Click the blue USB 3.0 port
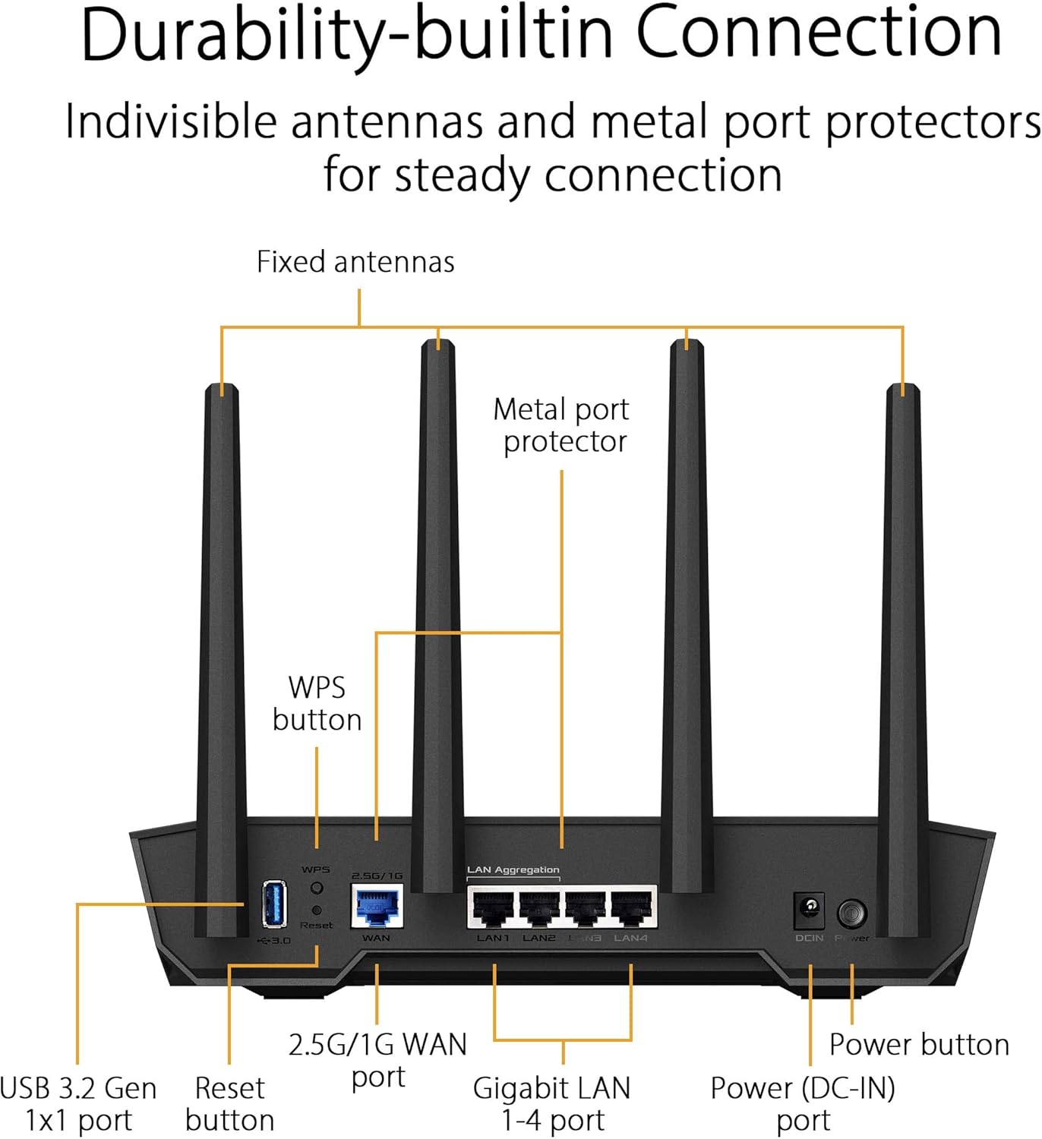tap(274, 904)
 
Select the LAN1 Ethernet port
tap(493, 908)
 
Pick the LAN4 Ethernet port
tap(631, 908)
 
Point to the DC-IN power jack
tap(810, 910)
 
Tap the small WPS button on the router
tap(317, 888)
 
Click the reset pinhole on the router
tap(317, 910)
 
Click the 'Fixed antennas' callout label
tap(355, 262)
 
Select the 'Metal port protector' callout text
tap(561, 425)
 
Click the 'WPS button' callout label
tap(317, 703)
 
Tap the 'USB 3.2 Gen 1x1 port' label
tap(78, 1104)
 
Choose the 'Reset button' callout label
tap(229, 1104)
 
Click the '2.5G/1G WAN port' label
tap(377, 1060)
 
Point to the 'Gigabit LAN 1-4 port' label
tap(552, 1104)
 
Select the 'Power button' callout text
tap(919, 1045)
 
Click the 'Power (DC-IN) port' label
tap(803, 1104)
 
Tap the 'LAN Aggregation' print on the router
tap(513, 870)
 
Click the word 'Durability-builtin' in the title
tap(346, 34)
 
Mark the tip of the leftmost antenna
tap(222, 389)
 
